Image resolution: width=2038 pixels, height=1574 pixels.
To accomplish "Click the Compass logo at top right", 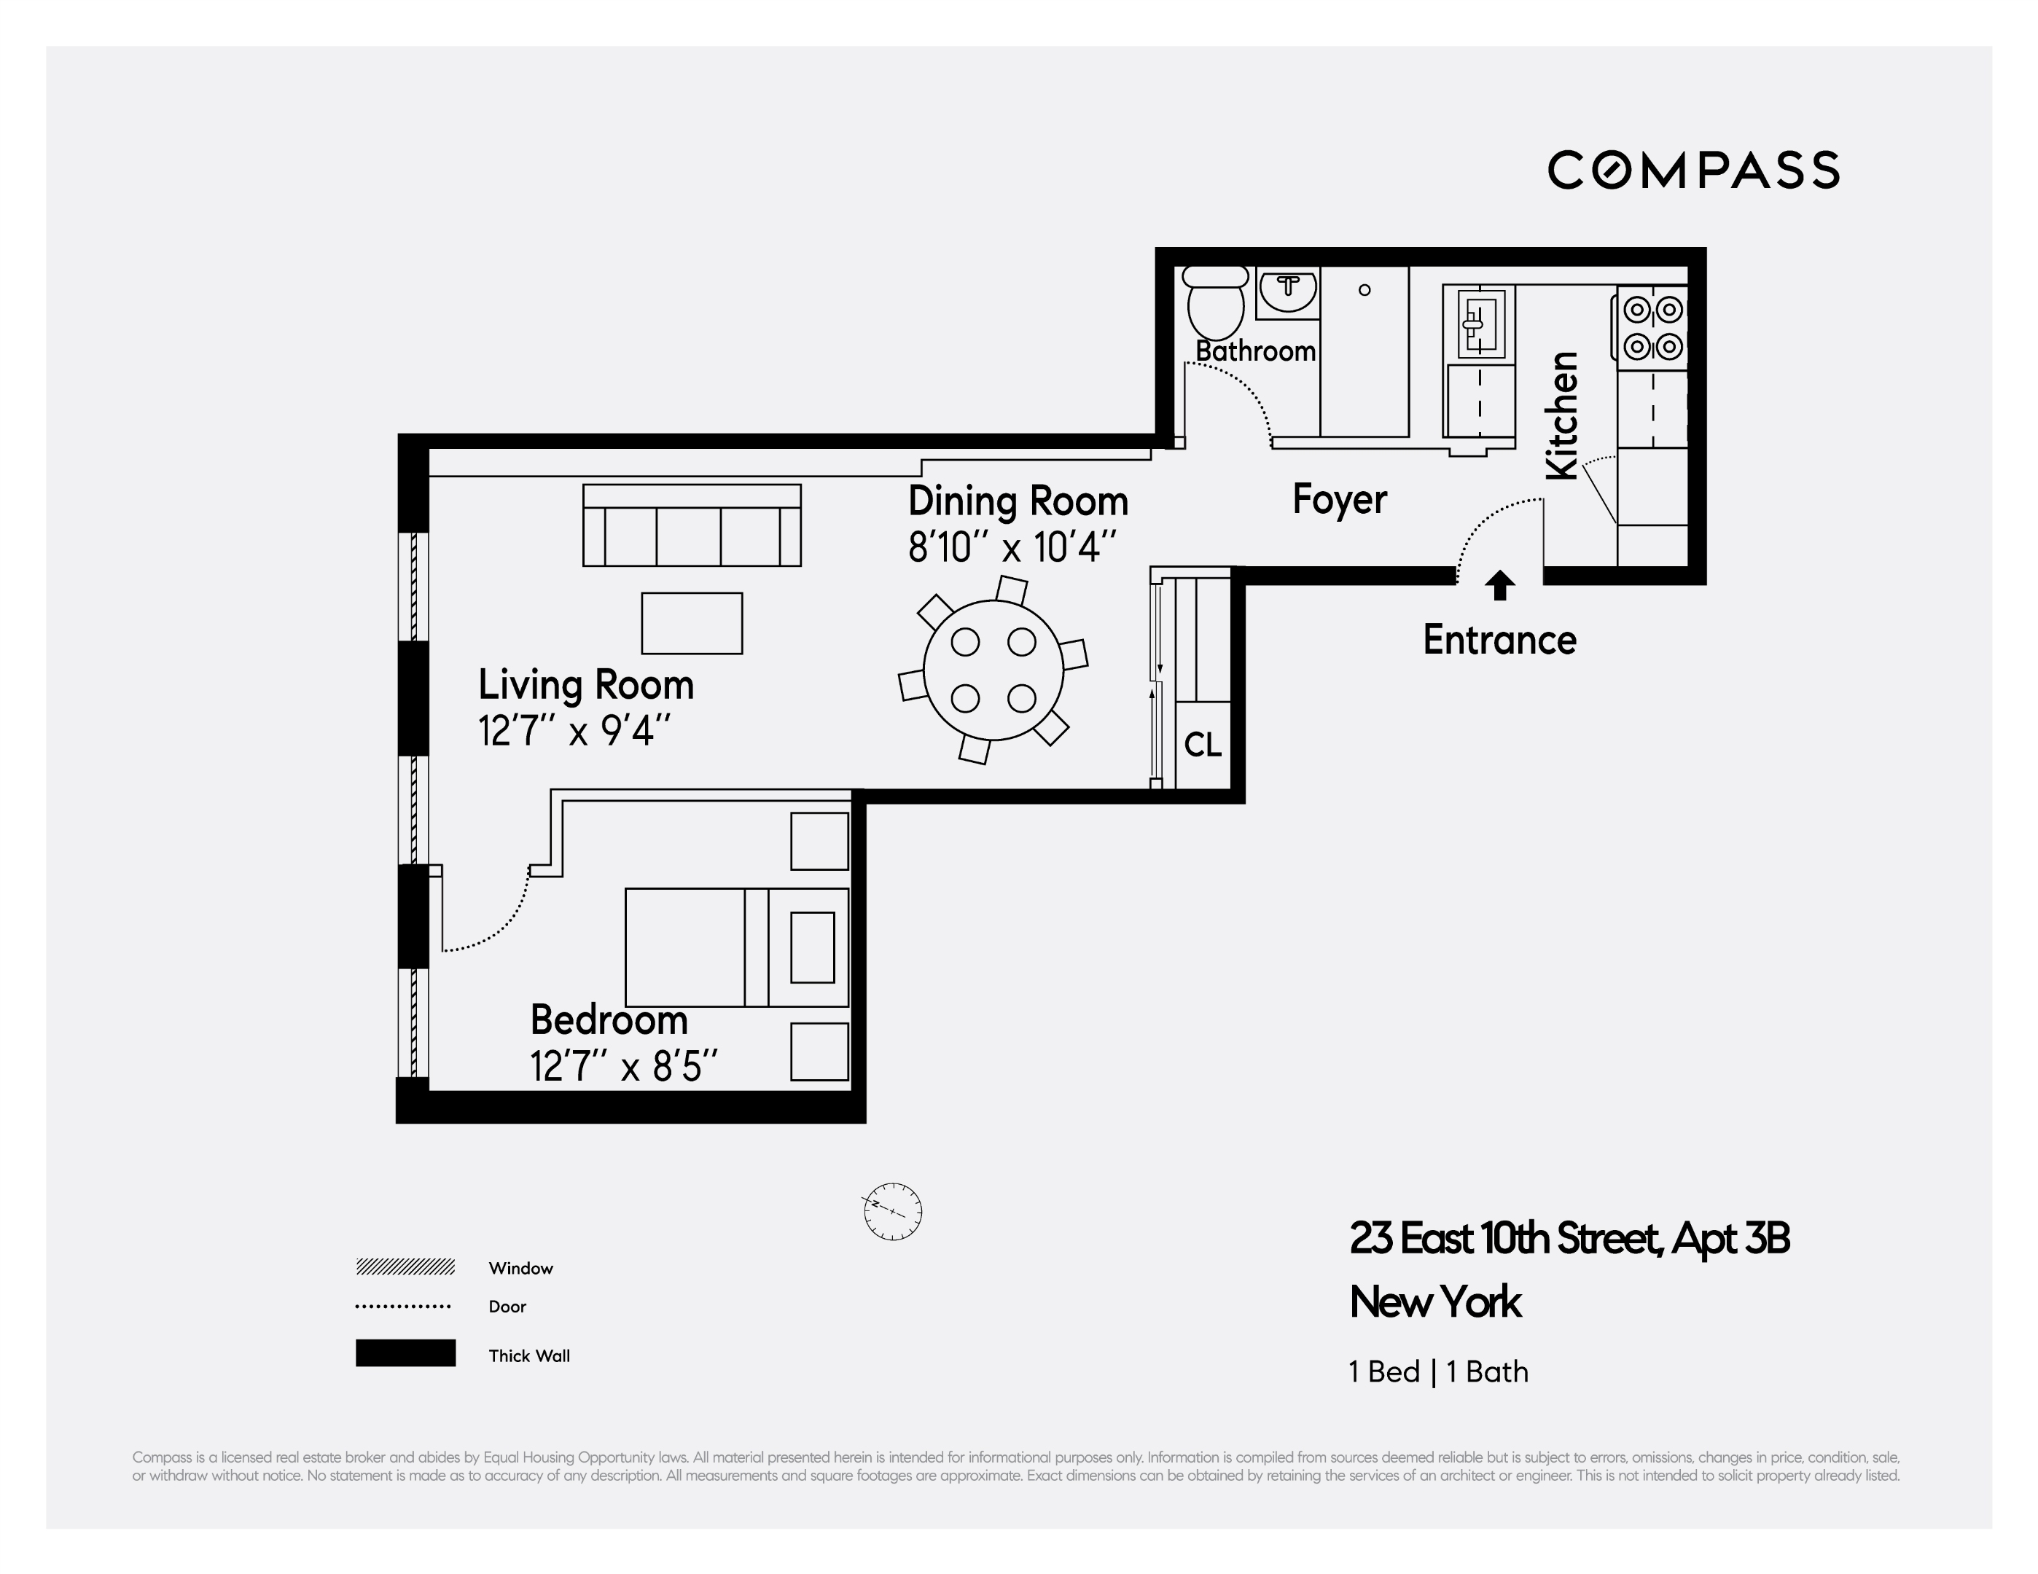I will [x=1693, y=171].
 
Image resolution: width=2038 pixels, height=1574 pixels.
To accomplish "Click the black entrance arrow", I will [x=1499, y=585].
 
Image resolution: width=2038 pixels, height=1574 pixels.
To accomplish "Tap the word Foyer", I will [x=1339, y=499].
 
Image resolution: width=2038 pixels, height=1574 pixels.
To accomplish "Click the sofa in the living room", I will [x=692, y=525].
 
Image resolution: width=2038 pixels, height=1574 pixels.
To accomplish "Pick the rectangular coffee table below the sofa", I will [x=692, y=623].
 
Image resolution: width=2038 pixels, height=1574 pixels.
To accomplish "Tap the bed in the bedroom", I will [x=735, y=947].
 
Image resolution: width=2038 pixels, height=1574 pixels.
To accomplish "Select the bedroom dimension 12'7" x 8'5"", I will [x=623, y=1066].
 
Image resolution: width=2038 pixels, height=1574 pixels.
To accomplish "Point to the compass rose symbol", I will [x=892, y=1212].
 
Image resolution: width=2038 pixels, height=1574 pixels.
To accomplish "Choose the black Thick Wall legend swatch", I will [x=405, y=1353].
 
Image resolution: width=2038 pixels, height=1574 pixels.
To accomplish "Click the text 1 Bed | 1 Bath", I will [x=1438, y=1371].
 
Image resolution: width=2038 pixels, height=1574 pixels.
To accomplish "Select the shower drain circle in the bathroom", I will [x=1364, y=290].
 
